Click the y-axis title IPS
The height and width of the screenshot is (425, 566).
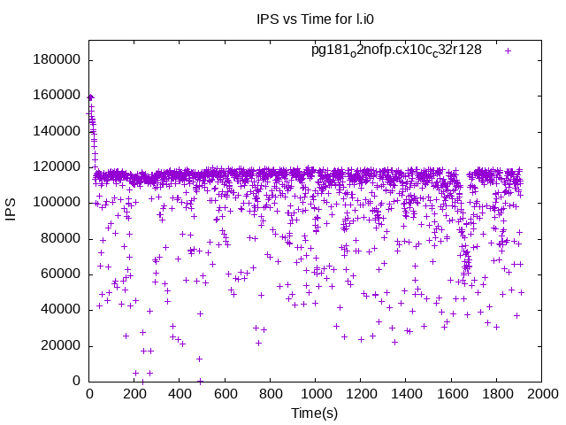[x=11, y=211]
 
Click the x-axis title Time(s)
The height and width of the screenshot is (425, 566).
[x=315, y=413]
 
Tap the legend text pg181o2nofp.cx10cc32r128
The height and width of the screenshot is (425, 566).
[x=396, y=50]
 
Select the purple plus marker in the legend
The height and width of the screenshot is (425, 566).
[x=508, y=50]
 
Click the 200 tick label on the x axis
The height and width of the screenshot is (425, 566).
[x=134, y=394]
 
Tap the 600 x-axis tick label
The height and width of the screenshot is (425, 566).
[x=225, y=394]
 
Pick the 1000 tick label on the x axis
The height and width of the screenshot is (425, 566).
[x=315, y=394]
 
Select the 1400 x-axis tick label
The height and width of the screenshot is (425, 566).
[x=406, y=394]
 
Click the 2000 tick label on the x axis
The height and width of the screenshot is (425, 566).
[x=541, y=394]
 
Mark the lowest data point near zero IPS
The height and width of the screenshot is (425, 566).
[x=200, y=381]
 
